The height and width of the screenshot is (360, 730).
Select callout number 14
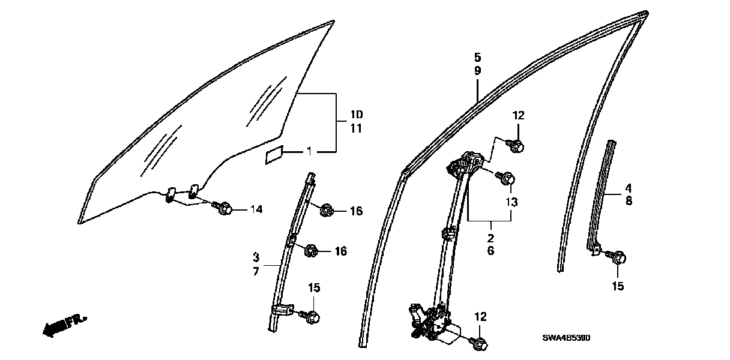[256, 209]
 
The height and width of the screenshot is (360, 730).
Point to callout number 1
[309, 152]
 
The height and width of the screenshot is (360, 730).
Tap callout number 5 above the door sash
[477, 58]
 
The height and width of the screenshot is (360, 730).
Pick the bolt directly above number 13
[507, 178]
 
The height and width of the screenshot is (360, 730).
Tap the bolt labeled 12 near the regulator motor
[481, 344]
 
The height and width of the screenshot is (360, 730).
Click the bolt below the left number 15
[313, 316]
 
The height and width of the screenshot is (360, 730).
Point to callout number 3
[256, 258]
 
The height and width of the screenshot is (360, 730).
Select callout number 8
[629, 202]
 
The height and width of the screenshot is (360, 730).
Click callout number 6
[490, 251]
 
